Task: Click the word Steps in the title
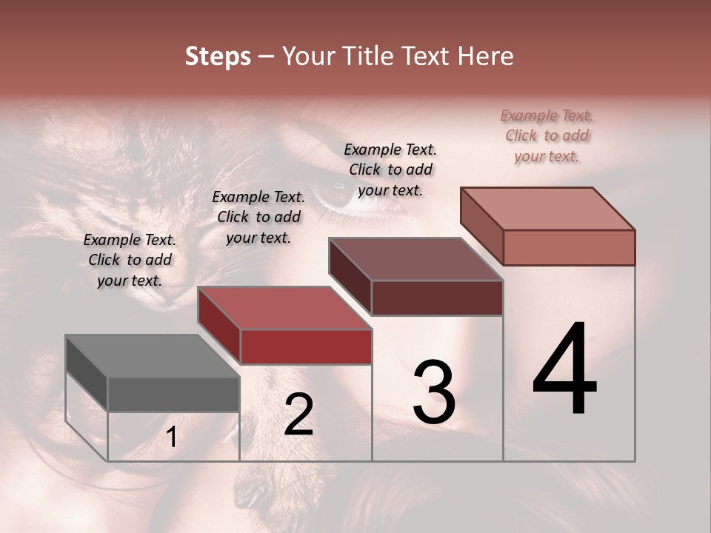pyautogui.click(x=217, y=56)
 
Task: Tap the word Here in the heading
pyautogui.click(x=485, y=56)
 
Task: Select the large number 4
pyautogui.click(x=564, y=370)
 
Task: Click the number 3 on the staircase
pyautogui.click(x=434, y=392)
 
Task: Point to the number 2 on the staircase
pyautogui.click(x=298, y=415)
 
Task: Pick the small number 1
pyautogui.click(x=172, y=438)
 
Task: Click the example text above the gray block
pyautogui.click(x=130, y=260)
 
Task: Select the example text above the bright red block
pyautogui.click(x=258, y=217)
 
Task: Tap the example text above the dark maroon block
pyautogui.click(x=390, y=170)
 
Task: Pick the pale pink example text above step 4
pyautogui.click(x=547, y=135)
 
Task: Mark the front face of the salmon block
pyautogui.click(x=569, y=247)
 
